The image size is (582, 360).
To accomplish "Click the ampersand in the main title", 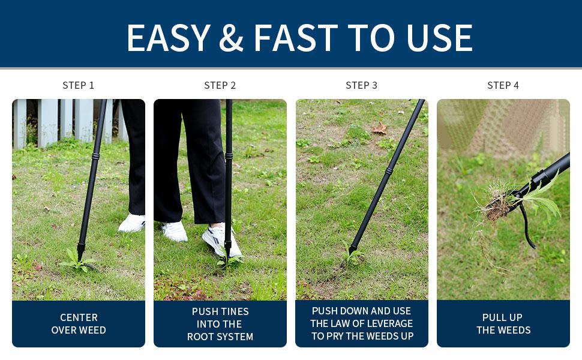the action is pyautogui.click(x=231, y=37).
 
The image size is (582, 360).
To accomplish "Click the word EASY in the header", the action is pyautogui.click(x=169, y=37).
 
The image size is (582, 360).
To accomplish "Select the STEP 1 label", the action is pyautogui.click(x=79, y=85).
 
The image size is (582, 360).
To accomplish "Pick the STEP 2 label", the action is pyautogui.click(x=220, y=85).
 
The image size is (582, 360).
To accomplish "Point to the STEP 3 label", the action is pyautogui.click(x=362, y=85).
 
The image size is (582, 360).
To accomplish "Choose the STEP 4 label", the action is pyautogui.click(x=503, y=85).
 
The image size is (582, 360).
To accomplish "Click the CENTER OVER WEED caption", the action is pyautogui.click(x=79, y=323).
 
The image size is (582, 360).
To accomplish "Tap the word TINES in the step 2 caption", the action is pyautogui.click(x=233, y=311).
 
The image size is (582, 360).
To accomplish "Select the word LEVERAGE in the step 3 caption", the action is pyautogui.click(x=389, y=323).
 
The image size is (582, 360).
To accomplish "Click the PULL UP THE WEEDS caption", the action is pyautogui.click(x=503, y=323).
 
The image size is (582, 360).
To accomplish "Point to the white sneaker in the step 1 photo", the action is pyautogui.click(x=132, y=223).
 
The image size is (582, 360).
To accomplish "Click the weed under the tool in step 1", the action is pyautogui.click(x=77, y=261).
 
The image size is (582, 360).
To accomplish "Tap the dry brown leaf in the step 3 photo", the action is pyautogui.click(x=380, y=129).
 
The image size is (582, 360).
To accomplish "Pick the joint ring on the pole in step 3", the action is pyautogui.click(x=389, y=171).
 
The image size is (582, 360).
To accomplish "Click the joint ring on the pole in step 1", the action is pyautogui.click(x=95, y=156).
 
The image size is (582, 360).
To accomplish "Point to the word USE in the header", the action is pyautogui.click(x=439, y=37).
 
